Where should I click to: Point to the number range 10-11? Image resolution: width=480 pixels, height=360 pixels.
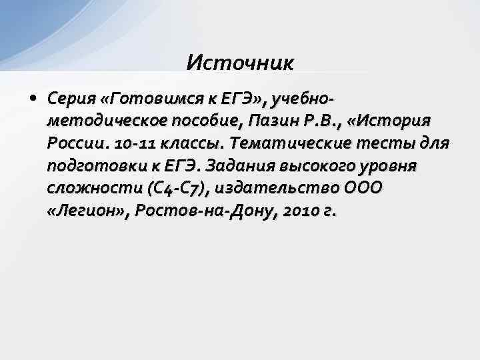(x=134, y=144)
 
